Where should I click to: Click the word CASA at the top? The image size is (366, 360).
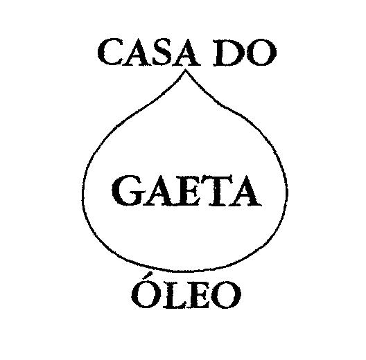[149, 53]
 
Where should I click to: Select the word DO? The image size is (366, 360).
[245, 53]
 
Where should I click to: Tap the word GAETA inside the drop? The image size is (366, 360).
[186, 190]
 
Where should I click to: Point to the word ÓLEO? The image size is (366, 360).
[186, 290]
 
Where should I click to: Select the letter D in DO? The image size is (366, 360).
[227, 53]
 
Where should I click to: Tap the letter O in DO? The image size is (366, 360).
[261, 53]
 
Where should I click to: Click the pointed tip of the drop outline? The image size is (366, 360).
[186, 70]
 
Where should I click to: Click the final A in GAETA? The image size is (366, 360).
[246, 190]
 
